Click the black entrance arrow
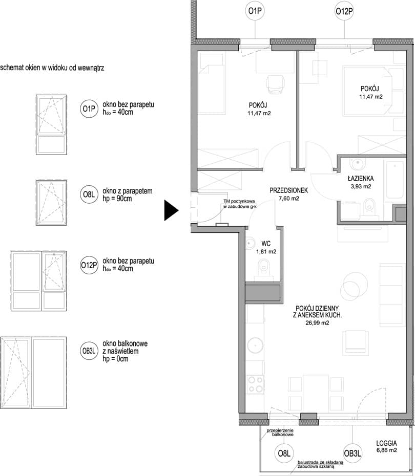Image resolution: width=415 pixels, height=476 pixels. [171, 210]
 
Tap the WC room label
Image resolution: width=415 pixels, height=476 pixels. [266, 244]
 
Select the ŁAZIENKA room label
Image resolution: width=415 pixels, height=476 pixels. [361, 179]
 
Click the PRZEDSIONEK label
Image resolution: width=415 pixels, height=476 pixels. [288, 190]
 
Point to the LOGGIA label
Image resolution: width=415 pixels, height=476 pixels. [386, 443]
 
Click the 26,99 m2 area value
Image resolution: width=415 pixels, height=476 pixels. [317, 323]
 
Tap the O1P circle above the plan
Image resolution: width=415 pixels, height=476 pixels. [255, 11]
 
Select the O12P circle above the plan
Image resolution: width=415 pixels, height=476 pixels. [344, 12]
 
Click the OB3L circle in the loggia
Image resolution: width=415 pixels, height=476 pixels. [352, 453]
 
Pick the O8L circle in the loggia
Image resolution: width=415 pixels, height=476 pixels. [284, 453]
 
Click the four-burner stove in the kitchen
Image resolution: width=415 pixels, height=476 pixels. [255, 384]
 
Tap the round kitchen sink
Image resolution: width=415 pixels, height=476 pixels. [255, 345]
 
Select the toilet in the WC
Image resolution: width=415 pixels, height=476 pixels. [264, 268]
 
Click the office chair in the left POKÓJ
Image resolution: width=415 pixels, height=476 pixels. [276, 84]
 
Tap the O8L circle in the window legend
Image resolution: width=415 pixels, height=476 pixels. [89, 194]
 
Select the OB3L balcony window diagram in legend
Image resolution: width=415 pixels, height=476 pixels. [33, 373]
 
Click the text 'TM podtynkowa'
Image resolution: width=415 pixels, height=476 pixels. [239, 201]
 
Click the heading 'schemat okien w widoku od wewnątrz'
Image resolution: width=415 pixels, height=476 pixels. [52, 68]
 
